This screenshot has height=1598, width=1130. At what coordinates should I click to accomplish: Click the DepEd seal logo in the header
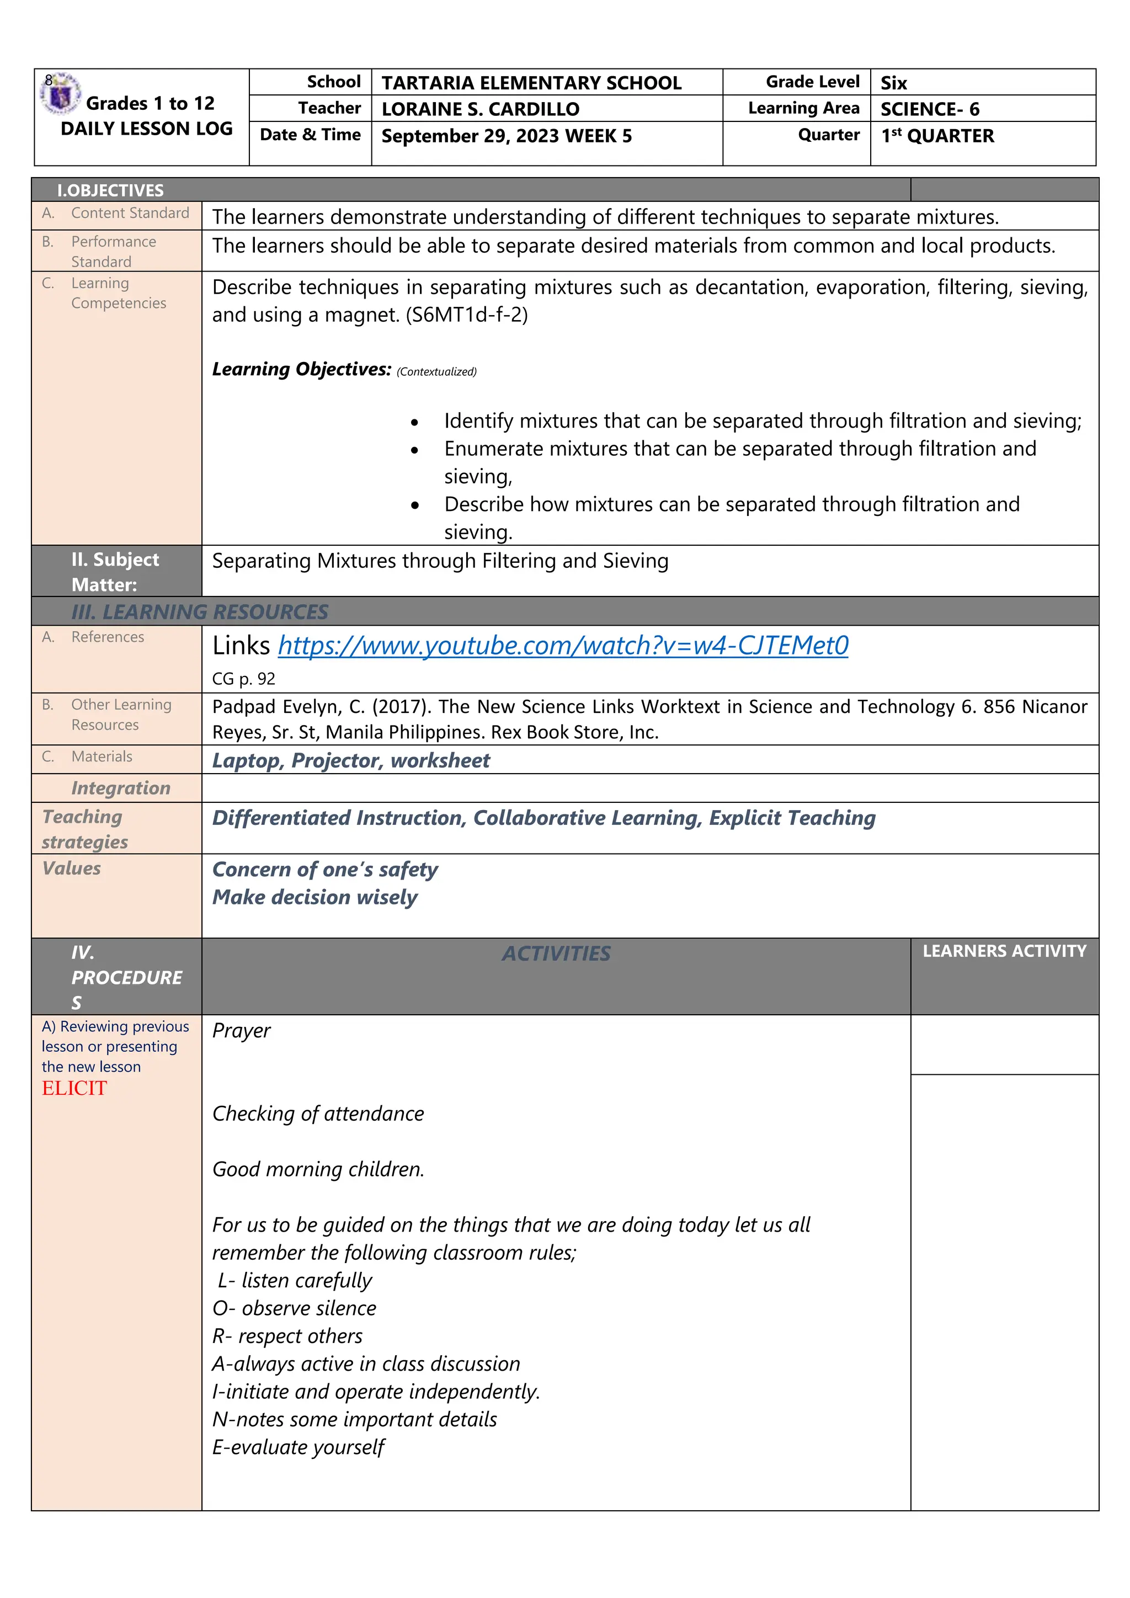(61, 93)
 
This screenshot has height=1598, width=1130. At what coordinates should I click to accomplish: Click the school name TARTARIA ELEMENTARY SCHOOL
(531, 83)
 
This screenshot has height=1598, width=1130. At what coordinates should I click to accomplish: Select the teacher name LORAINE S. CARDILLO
(480, 109)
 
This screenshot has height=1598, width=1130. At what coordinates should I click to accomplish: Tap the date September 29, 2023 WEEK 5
(506, 136)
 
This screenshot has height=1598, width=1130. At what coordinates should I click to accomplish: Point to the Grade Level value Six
(893, 83)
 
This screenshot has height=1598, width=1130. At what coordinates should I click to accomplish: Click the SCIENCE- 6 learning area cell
(930, 109)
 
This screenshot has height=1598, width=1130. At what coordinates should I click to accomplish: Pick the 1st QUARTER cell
(937, 136)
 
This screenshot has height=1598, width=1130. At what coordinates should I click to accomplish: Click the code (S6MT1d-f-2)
(467, 315)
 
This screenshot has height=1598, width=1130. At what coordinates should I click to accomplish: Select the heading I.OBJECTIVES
(111, 190)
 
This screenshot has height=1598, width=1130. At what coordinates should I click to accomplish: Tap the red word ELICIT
(74, 1089)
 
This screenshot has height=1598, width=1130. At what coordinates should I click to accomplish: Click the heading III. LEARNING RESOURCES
(200, 612)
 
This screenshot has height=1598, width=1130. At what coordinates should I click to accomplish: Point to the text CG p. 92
(243, 679)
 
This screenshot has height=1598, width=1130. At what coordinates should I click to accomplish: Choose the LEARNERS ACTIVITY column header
(1004, 951)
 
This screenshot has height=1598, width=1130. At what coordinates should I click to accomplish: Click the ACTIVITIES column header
(556, 954)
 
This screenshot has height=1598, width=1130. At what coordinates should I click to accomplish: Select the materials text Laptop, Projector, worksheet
(351, 761)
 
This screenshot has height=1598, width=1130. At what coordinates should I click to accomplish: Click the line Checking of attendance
(318, 1114)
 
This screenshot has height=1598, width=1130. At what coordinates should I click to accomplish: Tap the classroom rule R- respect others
(287, 1336)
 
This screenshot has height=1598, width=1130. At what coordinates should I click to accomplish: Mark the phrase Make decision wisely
(315, 898)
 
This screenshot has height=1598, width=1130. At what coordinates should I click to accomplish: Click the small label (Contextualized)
(436, 372)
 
